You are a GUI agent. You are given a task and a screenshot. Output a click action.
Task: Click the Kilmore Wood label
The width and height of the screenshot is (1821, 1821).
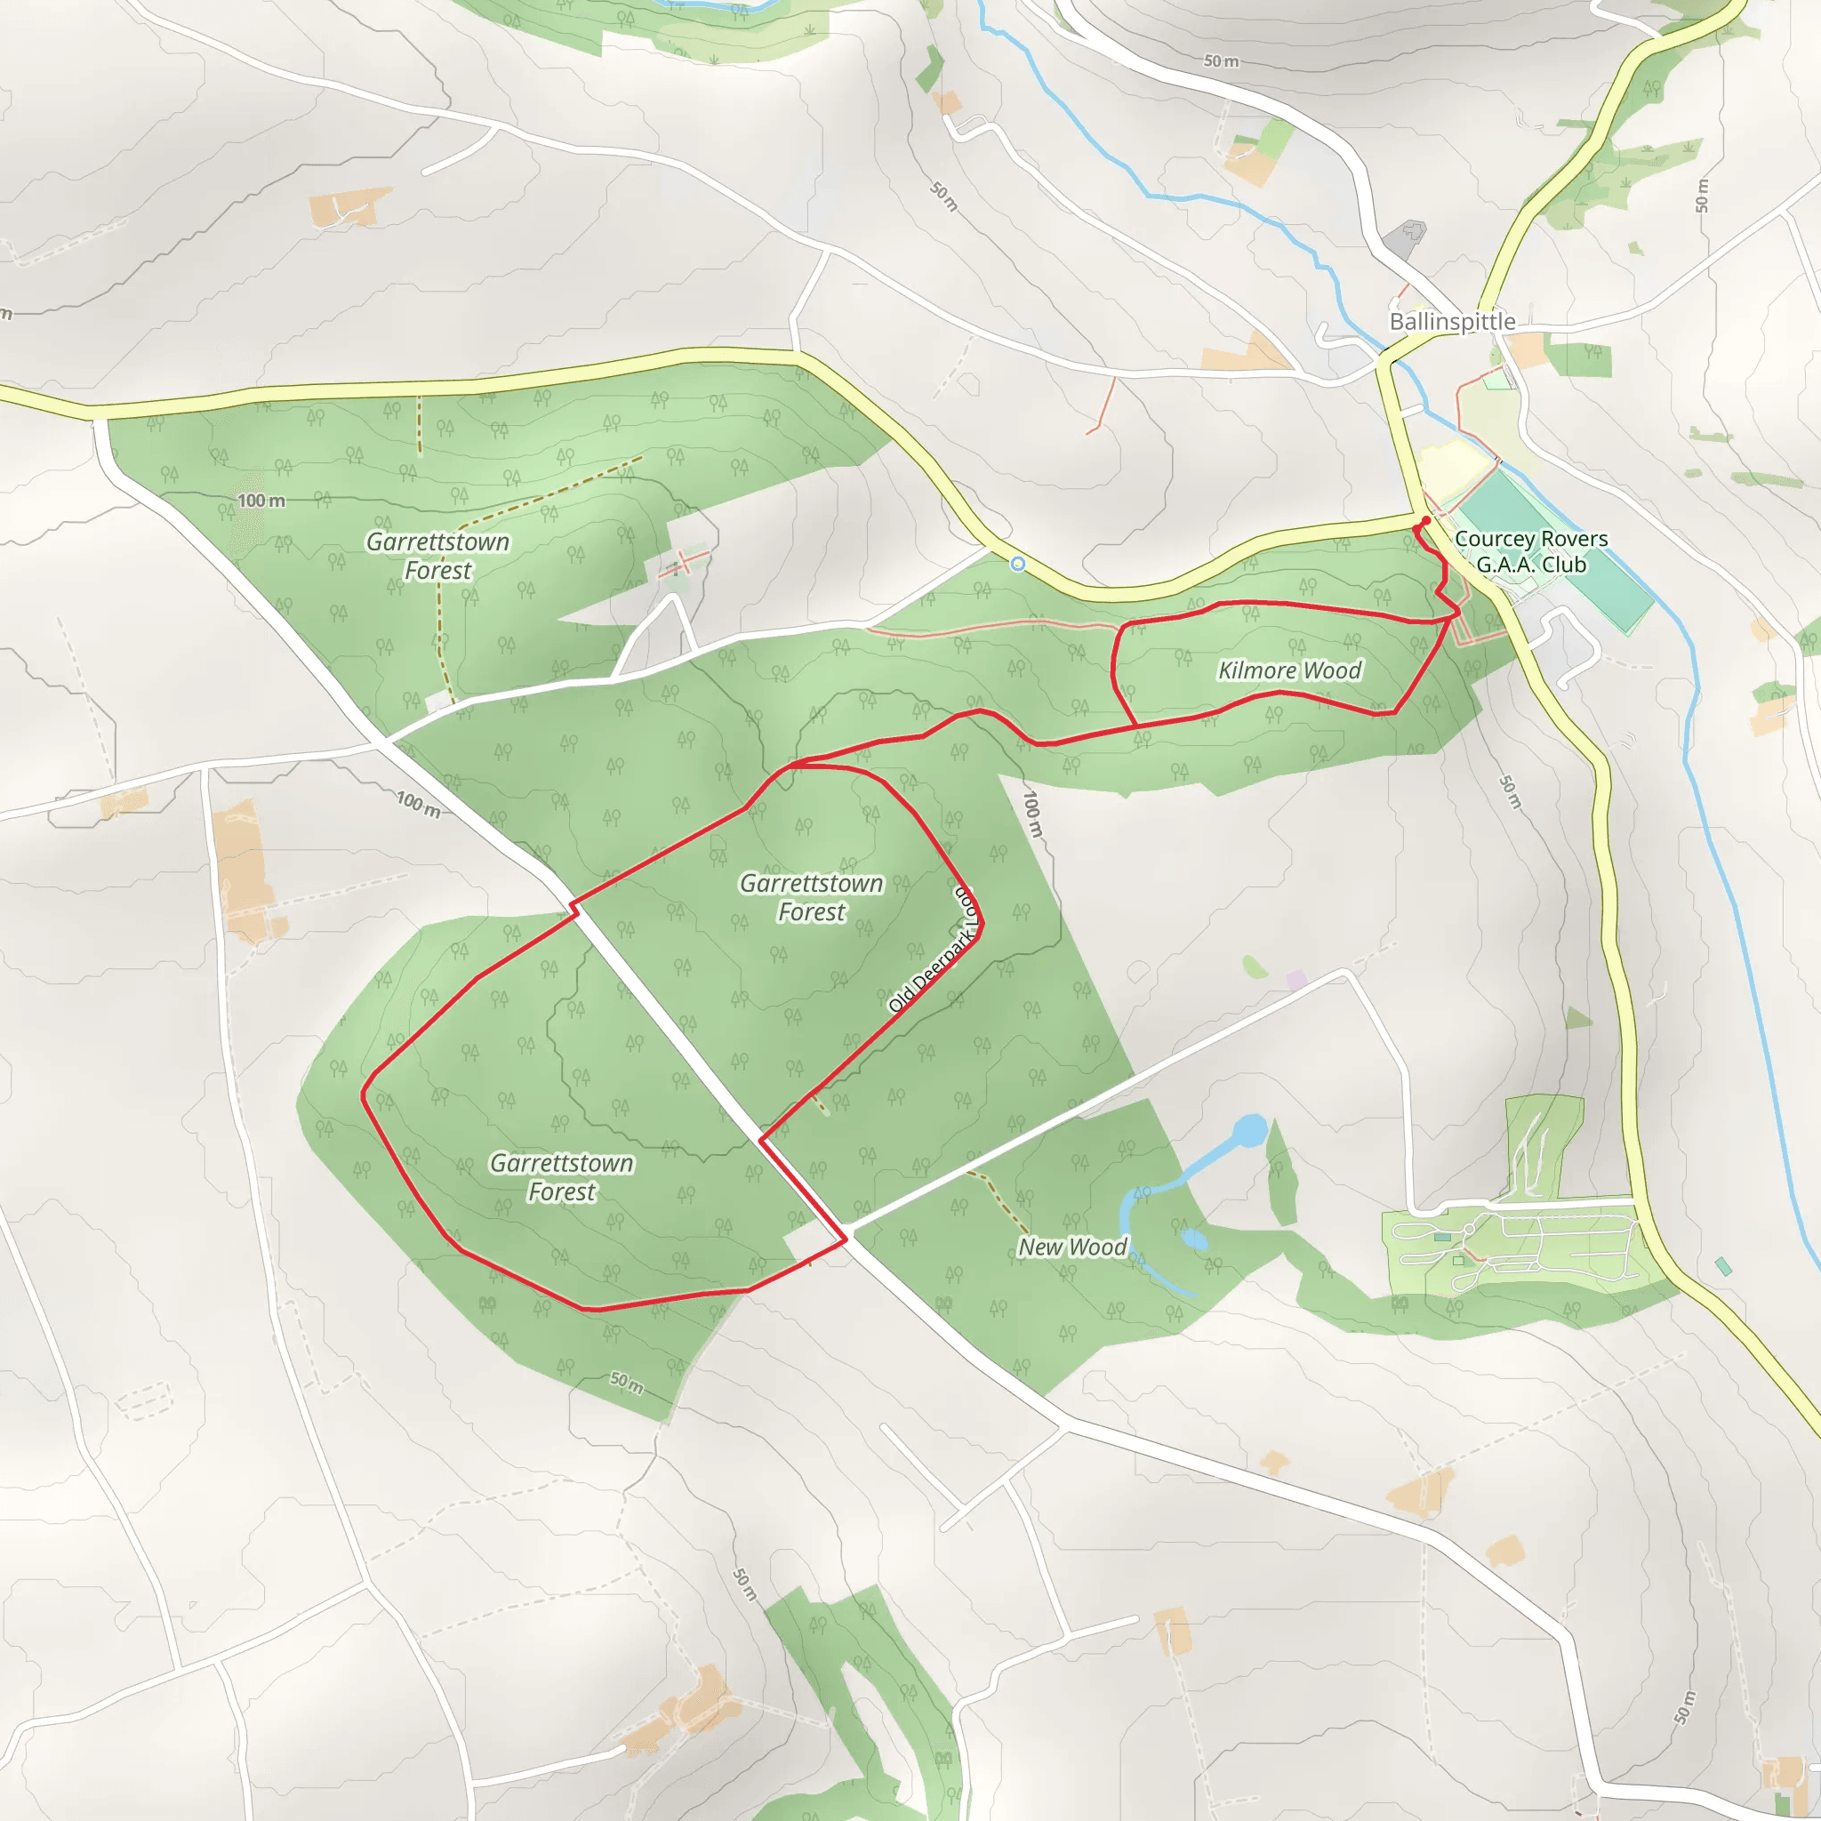coord(1289,670)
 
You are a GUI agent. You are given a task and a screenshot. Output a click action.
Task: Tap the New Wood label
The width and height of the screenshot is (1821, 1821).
coord(1071,1247)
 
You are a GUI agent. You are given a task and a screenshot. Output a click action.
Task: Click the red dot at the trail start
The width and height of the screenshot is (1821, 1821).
coord(1426,520)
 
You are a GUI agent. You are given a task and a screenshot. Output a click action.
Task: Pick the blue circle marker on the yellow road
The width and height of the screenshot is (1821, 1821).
coord(1017,564)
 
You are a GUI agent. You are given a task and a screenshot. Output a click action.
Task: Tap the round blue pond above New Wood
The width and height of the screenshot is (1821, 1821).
coord(1250,1129)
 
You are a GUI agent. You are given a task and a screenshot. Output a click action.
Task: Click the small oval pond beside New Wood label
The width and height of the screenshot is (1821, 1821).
coord(1193,1239)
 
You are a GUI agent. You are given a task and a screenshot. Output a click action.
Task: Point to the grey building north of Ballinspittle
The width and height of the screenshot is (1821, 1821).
coord(1407,237)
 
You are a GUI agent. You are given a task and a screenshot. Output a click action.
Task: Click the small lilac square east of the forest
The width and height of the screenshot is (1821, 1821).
coord(1296,980)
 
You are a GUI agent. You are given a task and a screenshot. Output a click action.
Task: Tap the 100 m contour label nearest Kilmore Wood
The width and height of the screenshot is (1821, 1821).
coord(1034,814)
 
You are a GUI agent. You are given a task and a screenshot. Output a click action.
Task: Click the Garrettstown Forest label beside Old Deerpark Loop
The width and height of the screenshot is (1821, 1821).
coord(812,896)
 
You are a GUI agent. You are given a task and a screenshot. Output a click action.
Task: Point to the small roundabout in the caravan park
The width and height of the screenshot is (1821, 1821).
coord(1469,1229)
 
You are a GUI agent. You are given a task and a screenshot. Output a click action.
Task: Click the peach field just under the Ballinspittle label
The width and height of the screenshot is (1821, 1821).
coord(1526,349)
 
